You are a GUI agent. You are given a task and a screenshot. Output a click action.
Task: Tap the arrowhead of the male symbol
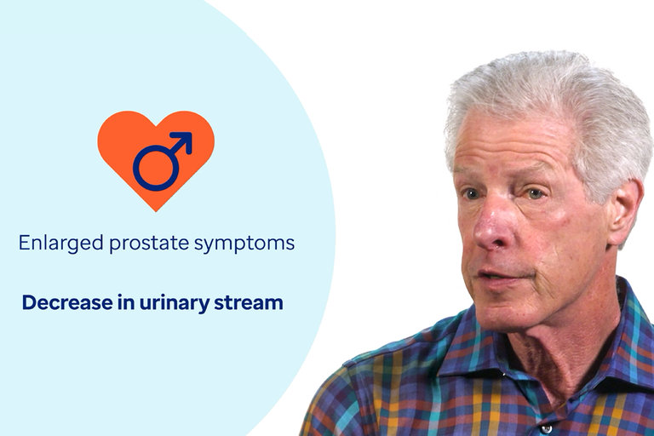tap(184, 141)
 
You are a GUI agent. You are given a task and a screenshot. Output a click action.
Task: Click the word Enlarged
tap(61, 244)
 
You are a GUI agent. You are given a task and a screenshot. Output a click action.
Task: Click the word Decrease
tap(67, 302)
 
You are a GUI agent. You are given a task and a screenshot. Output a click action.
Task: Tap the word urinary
tap(175, 303)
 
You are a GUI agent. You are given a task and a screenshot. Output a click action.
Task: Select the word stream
tap(249, 303)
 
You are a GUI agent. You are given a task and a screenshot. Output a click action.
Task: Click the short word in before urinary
tap(126, 302)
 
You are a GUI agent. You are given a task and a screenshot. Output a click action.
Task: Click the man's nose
tap(490, 229)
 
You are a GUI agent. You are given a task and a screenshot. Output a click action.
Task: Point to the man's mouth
tap(501, 275)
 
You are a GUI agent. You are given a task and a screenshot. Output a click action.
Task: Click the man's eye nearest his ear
tap(535, 193)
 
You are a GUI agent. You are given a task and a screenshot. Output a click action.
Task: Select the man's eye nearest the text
tap(471, 194)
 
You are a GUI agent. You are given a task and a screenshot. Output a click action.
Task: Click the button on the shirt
tap(546, 429)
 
